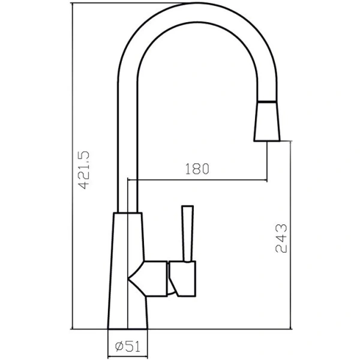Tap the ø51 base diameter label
(127, 346)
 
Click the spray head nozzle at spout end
(267, 123)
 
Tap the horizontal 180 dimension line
(198, 180)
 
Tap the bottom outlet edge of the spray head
(267, 141)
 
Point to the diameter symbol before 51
(119, 346)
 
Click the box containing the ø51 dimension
(128, 346)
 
